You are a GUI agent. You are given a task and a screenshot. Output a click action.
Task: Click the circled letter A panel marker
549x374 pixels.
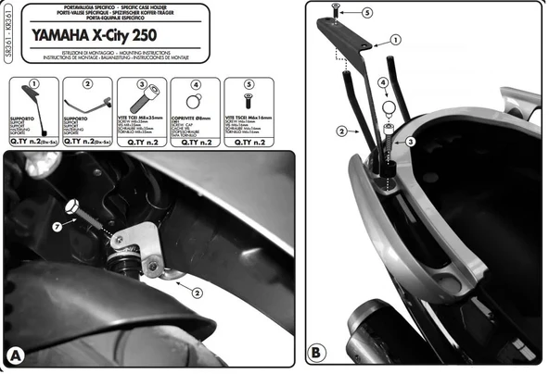coord(15,354)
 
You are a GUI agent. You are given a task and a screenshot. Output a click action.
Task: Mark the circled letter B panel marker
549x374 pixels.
coord(315,352)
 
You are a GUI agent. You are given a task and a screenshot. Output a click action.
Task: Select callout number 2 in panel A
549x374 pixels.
coord(197,290)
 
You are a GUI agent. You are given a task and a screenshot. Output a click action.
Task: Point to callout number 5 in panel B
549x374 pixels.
coord(366,13)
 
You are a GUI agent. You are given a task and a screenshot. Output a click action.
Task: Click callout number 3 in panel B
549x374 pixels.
coord(409,142)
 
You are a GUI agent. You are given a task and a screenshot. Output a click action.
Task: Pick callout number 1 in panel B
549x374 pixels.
coord(395,41)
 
